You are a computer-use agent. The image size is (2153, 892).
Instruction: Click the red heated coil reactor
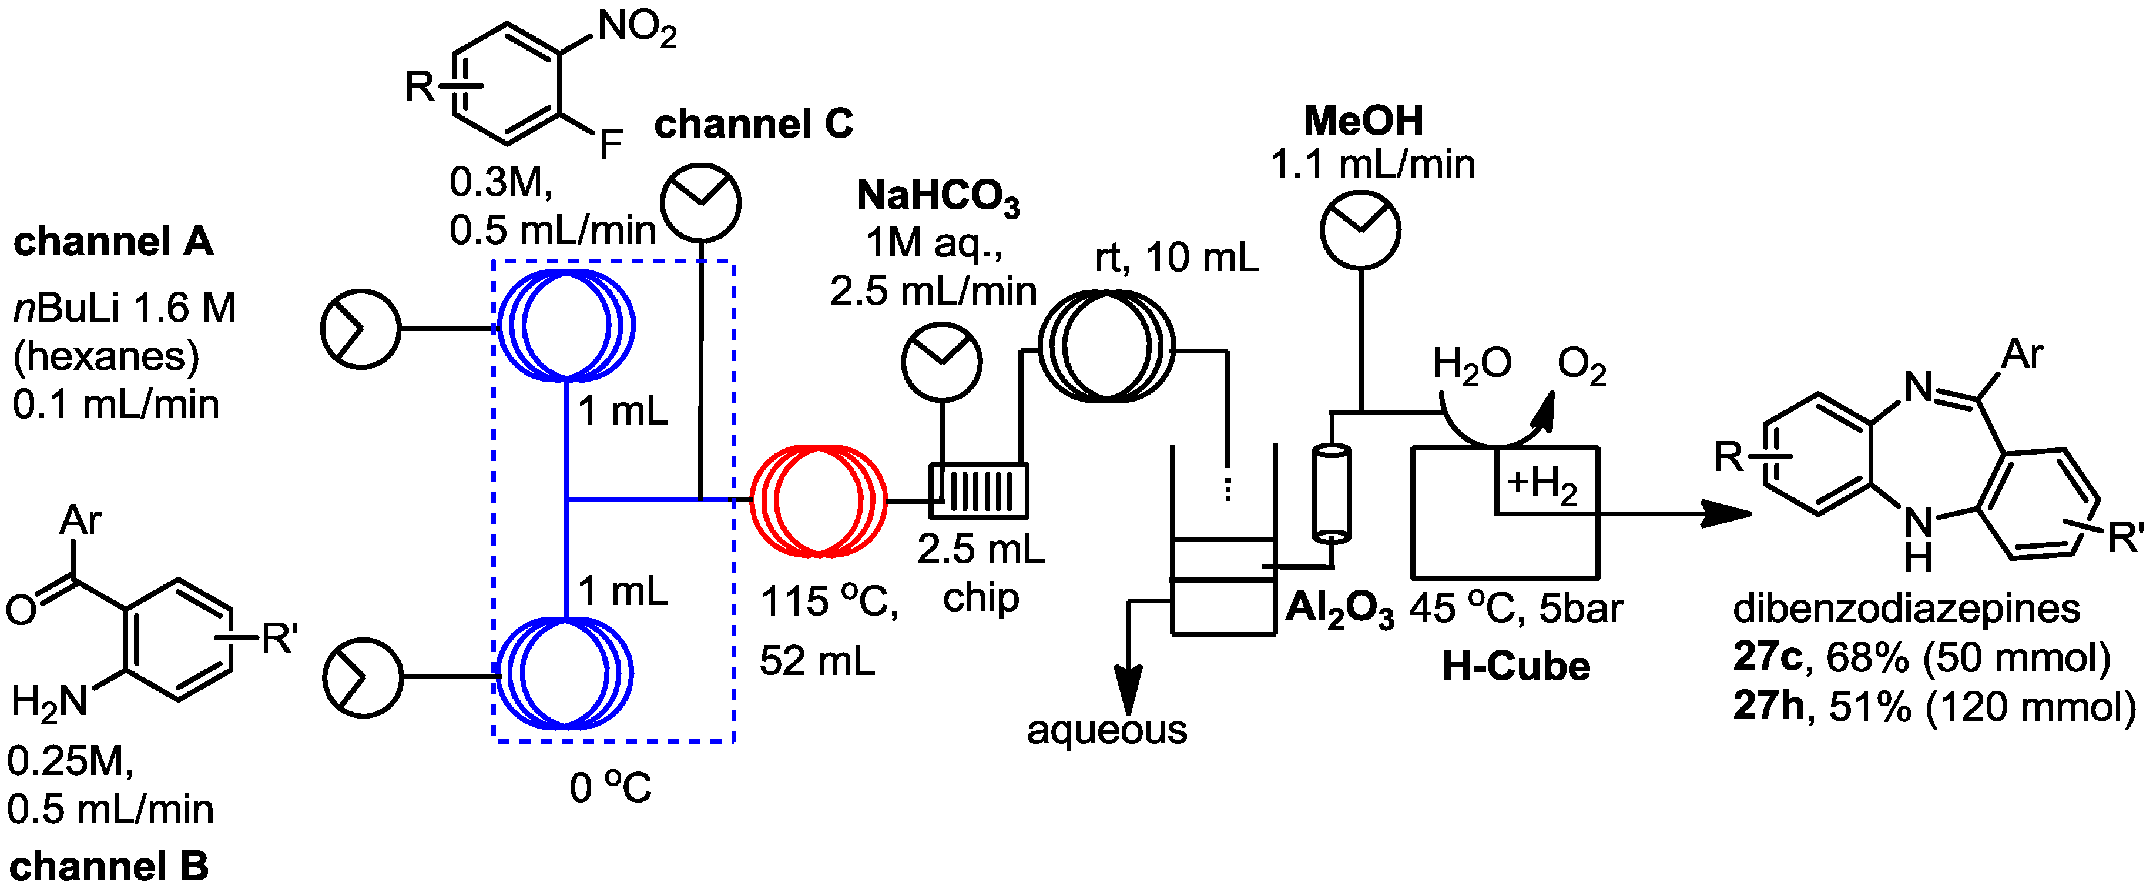pos(817,500)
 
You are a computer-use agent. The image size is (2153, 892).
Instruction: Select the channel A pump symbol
pos(360,329)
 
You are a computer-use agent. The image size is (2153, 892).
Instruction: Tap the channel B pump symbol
pos(363,677)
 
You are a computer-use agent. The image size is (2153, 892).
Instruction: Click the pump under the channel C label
pos(700,202)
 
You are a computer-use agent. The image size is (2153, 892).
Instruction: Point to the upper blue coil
pos(566,325)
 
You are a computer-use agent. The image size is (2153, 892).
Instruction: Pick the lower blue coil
pos(564,673)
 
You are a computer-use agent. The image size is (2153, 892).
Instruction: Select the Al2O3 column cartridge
pos(1332,493)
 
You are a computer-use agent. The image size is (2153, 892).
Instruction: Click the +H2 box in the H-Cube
pos(1546,482)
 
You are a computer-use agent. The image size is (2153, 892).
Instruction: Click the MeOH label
pos(1363,121)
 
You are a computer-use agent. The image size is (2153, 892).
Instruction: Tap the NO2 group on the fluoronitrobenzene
pos(637,30)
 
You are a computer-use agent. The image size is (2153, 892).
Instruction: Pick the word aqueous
pos(1106,730)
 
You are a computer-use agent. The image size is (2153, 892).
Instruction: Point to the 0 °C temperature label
pos(610,787)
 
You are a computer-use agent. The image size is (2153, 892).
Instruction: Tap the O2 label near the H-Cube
pos(1581,366)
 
